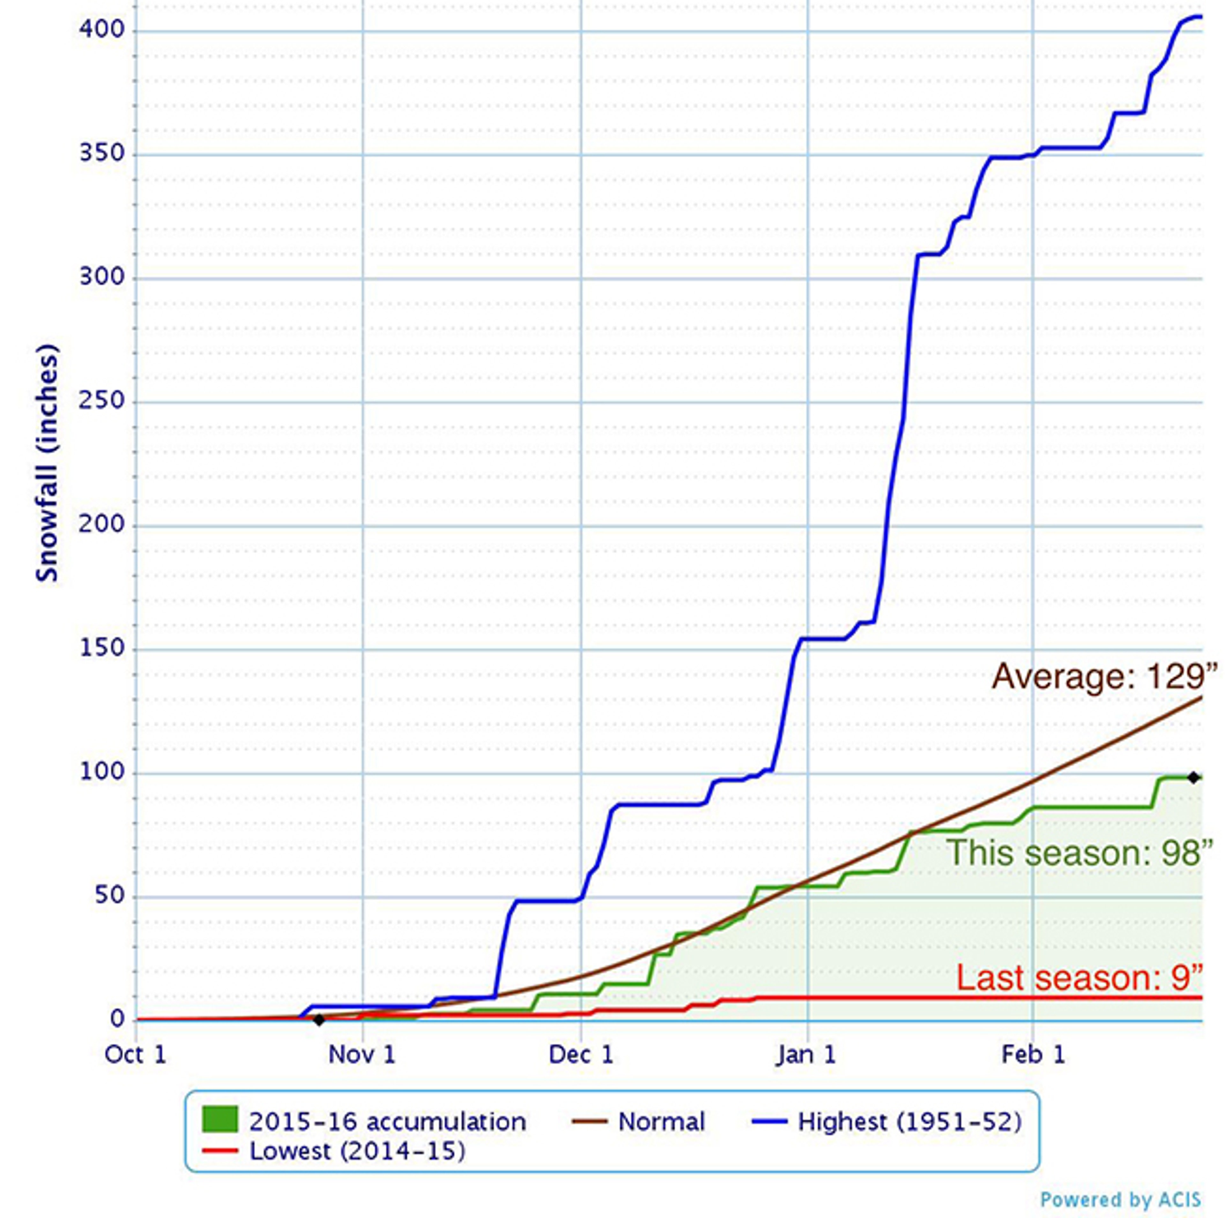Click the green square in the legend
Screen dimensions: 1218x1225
220,1119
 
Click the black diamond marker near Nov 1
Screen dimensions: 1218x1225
319,1020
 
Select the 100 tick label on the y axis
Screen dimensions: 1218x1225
101,772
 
